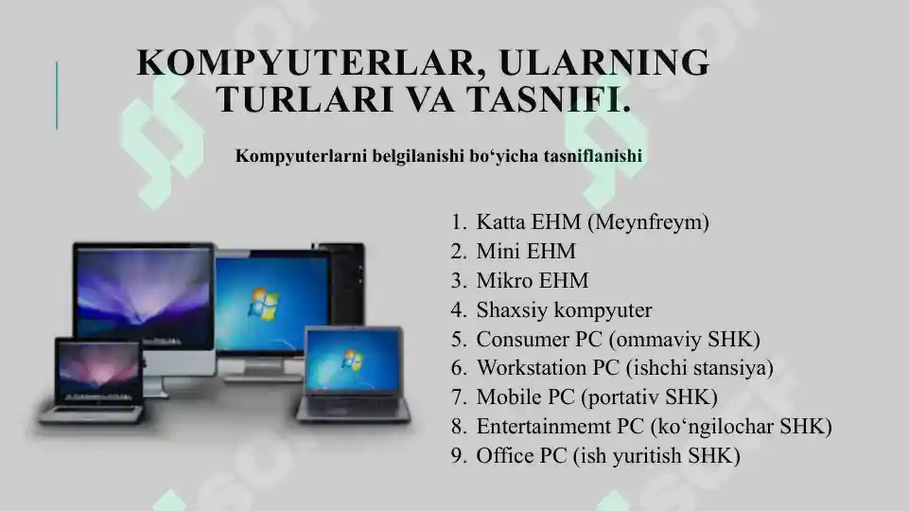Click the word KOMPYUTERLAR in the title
pyautogui.click(x=305, y=62)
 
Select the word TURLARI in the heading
pyautogui.click(x=286, y=98)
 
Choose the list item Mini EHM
pyautogui.click(x=526, y=252)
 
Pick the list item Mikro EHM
pyautogui.click(x=533, y=281)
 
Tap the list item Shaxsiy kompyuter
pyautogui.click(x=564, y=310)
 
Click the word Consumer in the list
pyautogui.click(x=516, y=340)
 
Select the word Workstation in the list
pyautogui.click(x=526, y=368)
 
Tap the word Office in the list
pyautogui.click(x=503, y=456)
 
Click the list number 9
pyautogui.click(x=458, y=456)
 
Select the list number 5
pyautogui.click(x=458, y=340)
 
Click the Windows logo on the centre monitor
pyautogui.click(x=263, y=304)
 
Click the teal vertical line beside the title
pyautogui.click(x=56, y=95)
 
